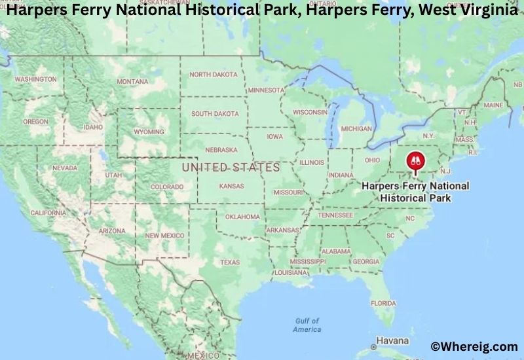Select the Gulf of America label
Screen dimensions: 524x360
[307, 325]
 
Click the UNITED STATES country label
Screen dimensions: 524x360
[231, 168]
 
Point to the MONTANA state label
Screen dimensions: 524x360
[132, 81]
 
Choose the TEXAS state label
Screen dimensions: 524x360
[230, 262]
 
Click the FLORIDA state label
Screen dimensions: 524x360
[383, 303]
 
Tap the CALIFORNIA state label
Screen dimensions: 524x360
[48, 213]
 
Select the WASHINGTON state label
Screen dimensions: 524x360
[35, 79]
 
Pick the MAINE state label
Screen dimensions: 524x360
[493, 105]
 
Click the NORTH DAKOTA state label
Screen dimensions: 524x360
[214, 75]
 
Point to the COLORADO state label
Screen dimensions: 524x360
[167, 187]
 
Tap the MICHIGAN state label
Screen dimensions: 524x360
[356, 128]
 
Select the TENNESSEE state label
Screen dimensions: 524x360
[335, 215]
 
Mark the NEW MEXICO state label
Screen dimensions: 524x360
[164, 235]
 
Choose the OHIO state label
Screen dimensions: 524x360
[372, 160]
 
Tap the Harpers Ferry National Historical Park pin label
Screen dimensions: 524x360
[415, 191]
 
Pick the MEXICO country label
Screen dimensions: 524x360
[203, 355]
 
